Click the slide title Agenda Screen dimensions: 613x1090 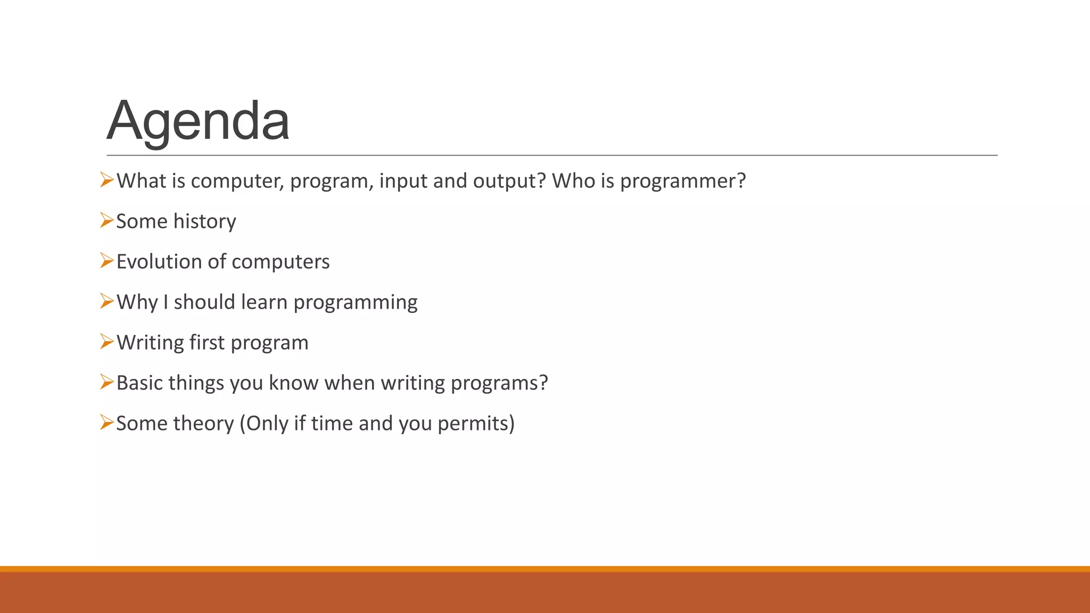[x=198, y=121]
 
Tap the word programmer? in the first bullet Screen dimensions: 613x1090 [x=683, y=181]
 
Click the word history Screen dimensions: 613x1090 [x=204, y=221]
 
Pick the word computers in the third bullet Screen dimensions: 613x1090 [x=280, y=262]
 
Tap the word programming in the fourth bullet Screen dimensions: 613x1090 [x=356, y=303]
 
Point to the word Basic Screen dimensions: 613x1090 [x=139, y=383]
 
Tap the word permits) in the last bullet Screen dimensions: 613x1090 [x=476, y=424]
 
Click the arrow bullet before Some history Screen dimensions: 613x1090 [x=106, y=220]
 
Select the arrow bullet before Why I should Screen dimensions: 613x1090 [x=106, y=301]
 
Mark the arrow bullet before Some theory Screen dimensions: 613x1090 [x=106, y=423]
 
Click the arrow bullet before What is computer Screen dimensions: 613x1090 [x=106, y=180]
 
